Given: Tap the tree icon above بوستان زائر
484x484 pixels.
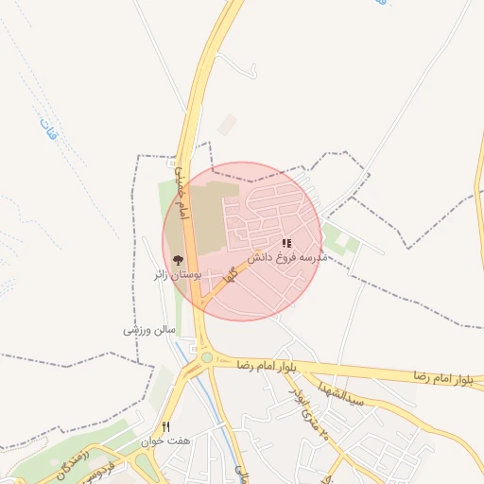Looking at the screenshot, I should tap(177, 260).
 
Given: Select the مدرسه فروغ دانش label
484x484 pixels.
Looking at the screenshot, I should tap(287, 256).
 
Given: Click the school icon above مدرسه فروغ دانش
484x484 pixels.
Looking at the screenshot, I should tap(286, 243).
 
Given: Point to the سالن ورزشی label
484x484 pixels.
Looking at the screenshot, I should tap(149, 330).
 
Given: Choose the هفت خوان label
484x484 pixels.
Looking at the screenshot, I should tap(166, 441).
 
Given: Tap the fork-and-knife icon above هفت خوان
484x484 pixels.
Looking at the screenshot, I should tap(166, 427).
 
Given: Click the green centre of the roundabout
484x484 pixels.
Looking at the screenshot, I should tap(206, 358).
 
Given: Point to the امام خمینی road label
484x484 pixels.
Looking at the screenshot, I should tap(181, 190).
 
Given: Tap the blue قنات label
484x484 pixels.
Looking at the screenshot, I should tap(48, 130).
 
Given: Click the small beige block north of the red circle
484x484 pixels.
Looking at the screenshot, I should tap(227, 124).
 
